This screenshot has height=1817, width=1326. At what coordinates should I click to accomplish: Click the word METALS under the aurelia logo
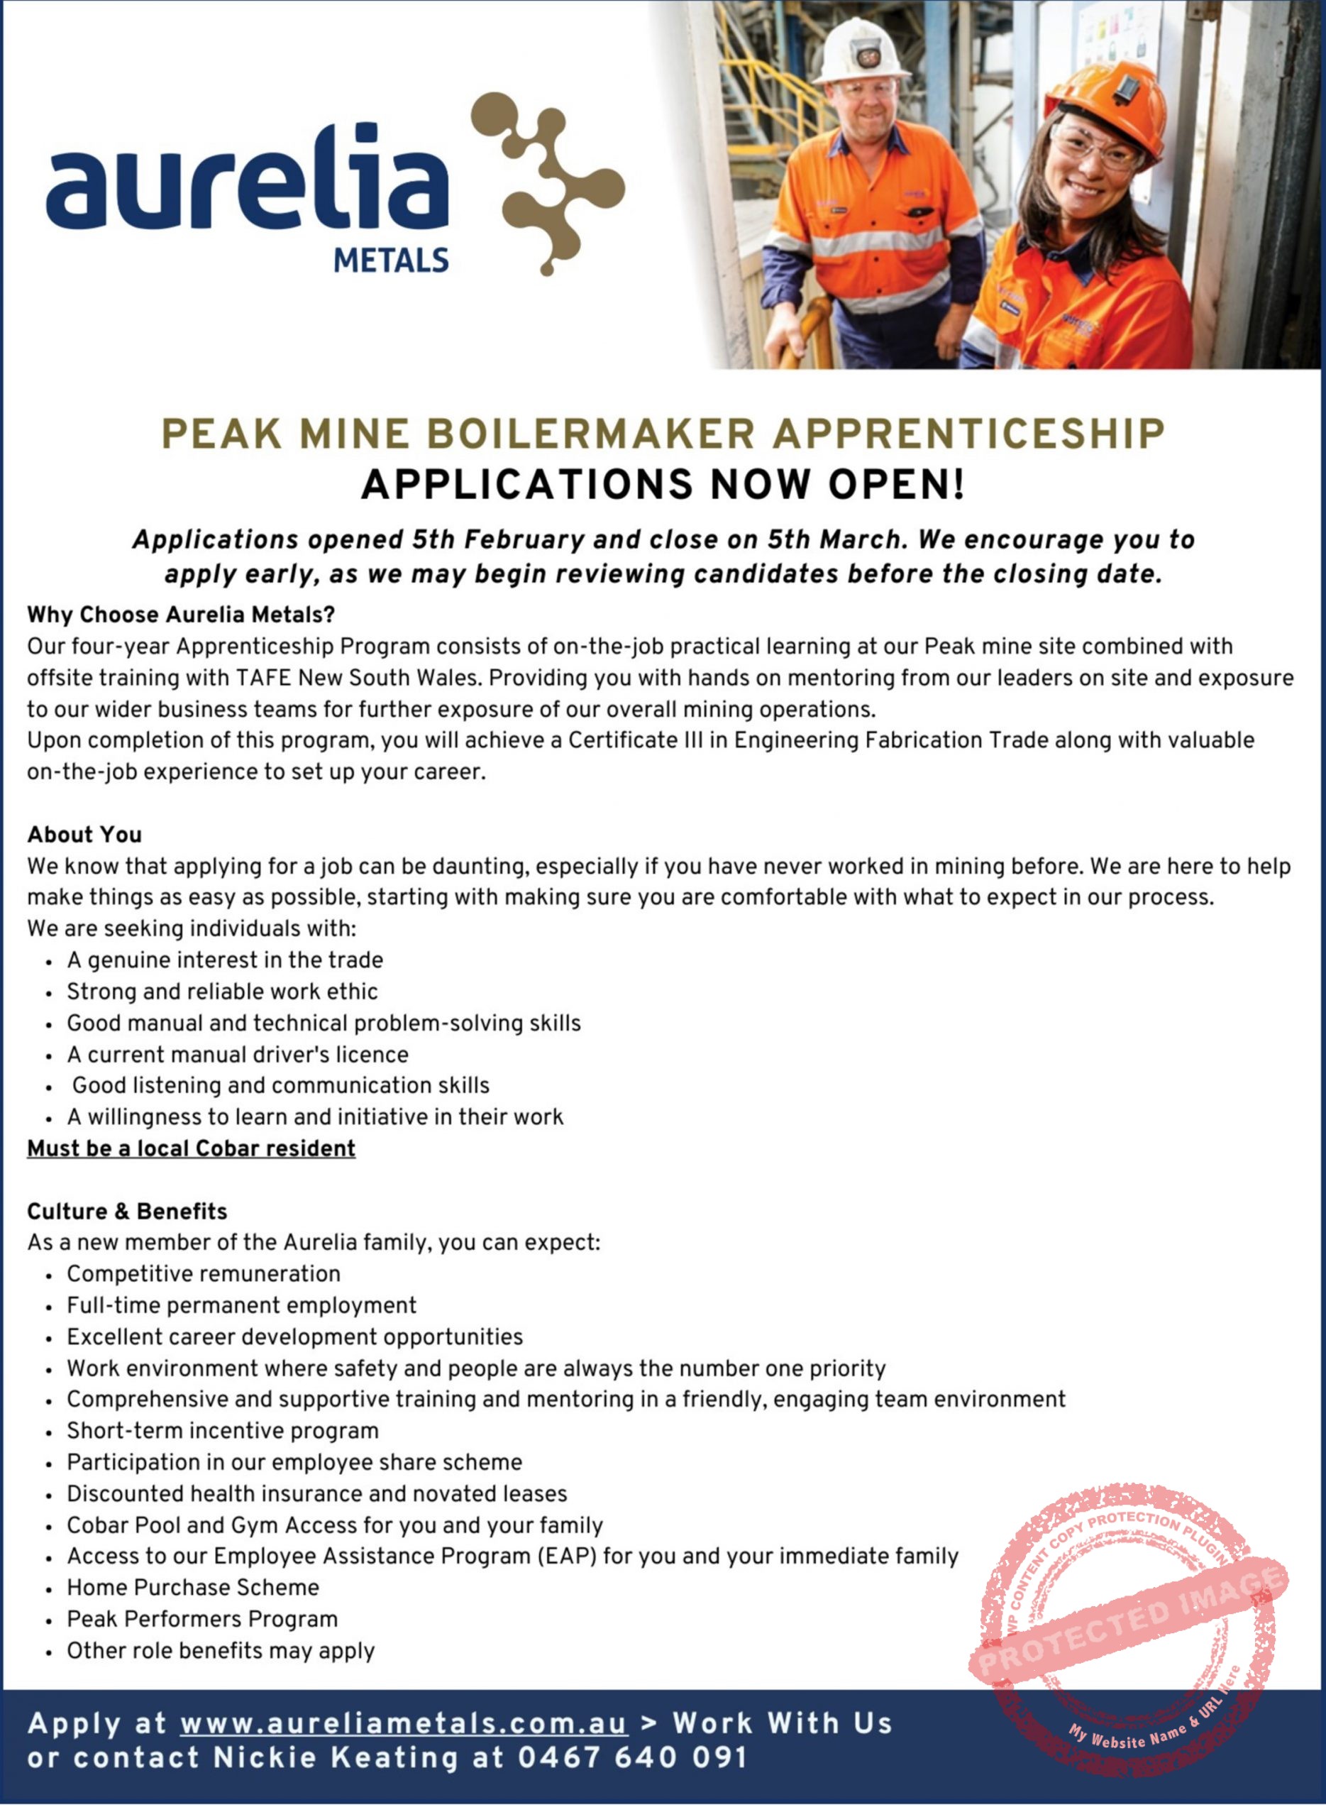pos(391,260)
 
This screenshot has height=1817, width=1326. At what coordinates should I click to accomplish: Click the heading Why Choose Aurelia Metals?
pos(181,615)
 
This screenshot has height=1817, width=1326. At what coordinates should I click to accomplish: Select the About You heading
pos(84,835)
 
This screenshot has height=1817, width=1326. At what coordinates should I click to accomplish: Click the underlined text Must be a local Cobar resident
pos(191,1149)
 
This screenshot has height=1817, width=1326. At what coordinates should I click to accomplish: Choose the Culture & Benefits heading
pos(127,1212)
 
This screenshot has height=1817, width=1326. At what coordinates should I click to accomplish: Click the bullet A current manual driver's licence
pos(238,1055)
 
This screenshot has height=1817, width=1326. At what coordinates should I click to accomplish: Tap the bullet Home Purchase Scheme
pos(193,1588)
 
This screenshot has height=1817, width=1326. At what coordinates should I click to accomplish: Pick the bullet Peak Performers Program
pos(202,1620)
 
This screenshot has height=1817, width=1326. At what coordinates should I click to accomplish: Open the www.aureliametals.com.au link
pos(403,1724)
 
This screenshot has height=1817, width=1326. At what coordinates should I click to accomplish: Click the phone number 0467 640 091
pos(633,1758)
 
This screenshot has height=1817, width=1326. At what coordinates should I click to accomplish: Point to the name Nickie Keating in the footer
pos(336,1758)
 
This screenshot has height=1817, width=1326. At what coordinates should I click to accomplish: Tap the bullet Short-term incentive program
pos(222,1431)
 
